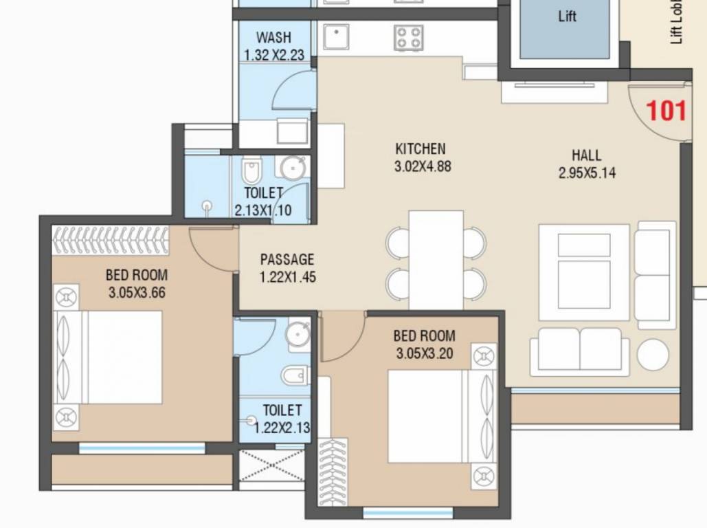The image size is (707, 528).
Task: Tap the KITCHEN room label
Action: pos(420,148)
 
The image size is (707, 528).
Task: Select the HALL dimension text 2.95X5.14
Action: pos(587,173)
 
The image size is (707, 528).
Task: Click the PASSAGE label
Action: pos(287,260)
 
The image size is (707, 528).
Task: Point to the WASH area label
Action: pos(273,37)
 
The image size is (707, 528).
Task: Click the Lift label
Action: pos(567,17)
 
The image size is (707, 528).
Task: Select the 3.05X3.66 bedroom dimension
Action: pos(137,292)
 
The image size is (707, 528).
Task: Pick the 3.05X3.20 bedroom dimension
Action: pos(424,353)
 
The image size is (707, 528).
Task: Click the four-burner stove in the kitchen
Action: pos(408,37)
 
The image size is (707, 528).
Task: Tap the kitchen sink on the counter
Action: pos(337,37)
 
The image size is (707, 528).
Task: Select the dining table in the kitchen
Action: pos(436,260)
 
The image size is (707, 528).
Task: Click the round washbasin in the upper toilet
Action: pos(293,168)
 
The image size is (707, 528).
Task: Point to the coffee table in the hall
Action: pos(584,272)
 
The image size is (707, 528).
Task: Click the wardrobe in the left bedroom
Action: pos(111,241)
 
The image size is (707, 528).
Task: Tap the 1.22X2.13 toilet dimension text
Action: pos(282,428)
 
